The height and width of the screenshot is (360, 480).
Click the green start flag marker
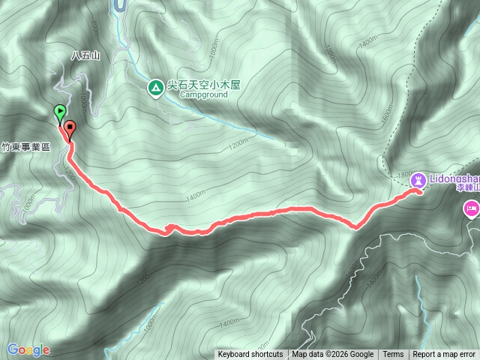tap(59, 113)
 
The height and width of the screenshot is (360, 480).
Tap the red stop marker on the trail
tap(70, 128)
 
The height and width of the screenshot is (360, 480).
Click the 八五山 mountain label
tap(85, 55)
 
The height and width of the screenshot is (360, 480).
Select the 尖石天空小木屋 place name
tap(202, 86)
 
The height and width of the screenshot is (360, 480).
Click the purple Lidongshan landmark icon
tap(418, 180)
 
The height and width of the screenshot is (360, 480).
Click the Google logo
tap(28, 349)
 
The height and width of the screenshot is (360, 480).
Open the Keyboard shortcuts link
tap(250, 355)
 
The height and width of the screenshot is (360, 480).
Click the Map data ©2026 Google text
tap(333, 355)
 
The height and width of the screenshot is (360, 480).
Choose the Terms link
tap(393, 355)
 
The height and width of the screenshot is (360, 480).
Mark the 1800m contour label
tap(403, 175)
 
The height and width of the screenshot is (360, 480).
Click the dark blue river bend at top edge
tap(118, 6)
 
